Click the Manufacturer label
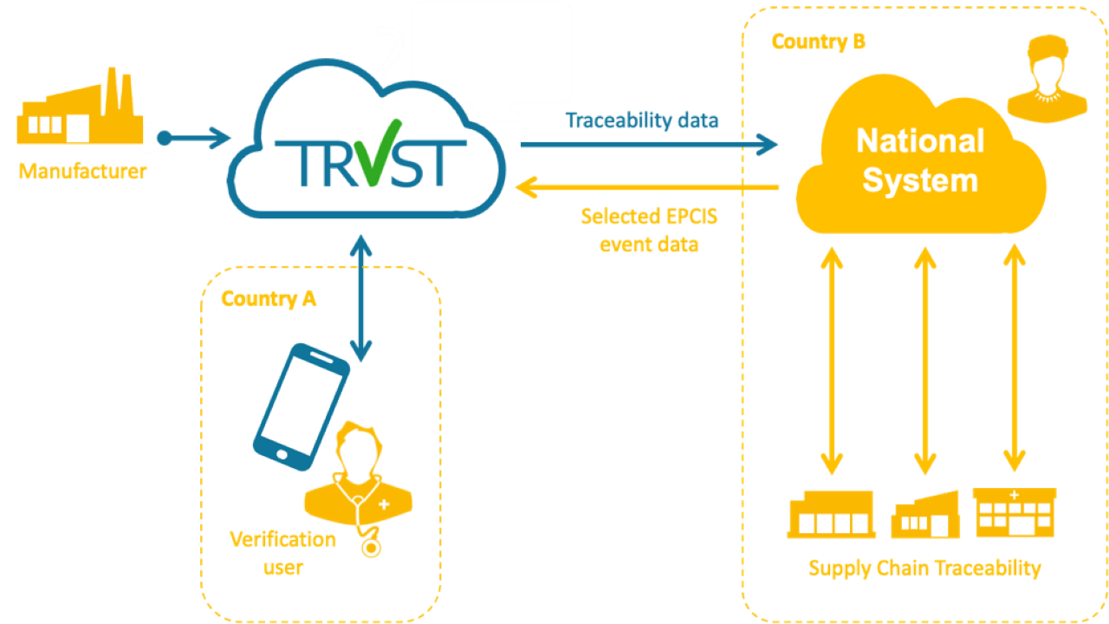point(82,172)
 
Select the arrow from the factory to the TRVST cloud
point(196,138)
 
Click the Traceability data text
point(642,120)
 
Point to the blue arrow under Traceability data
point(649,145)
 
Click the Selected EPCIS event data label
point(649,230)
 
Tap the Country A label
point(269,299)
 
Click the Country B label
point(818,42)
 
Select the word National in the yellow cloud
point(920,141)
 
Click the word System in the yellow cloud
point(920,180)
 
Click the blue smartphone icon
point(301,406)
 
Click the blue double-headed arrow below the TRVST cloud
point(361,297)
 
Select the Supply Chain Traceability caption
point(924,569)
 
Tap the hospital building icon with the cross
point(1015,512)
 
